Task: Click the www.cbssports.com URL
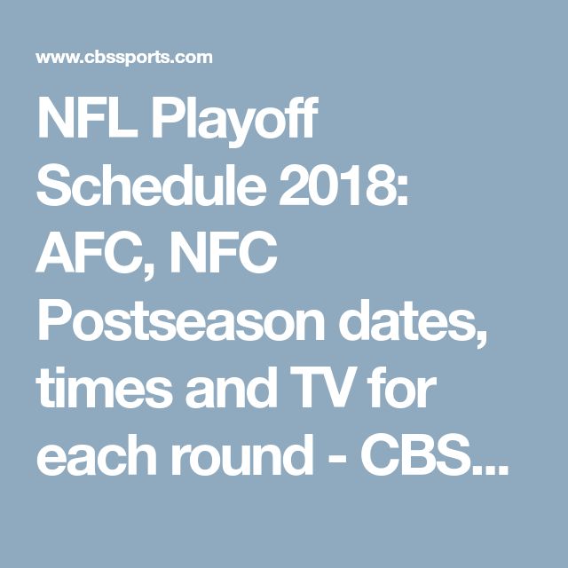[x=124, y=58]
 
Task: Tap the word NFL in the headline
[x=87, y=119]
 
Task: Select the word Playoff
[x=234, y=122]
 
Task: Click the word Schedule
[x=152, y=185]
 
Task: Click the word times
[x=104, y=388]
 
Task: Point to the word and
[x=233, y=387]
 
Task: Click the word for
[x=401, y=387]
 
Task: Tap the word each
[x=97, y=454]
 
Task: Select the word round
[x=242, y=454]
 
